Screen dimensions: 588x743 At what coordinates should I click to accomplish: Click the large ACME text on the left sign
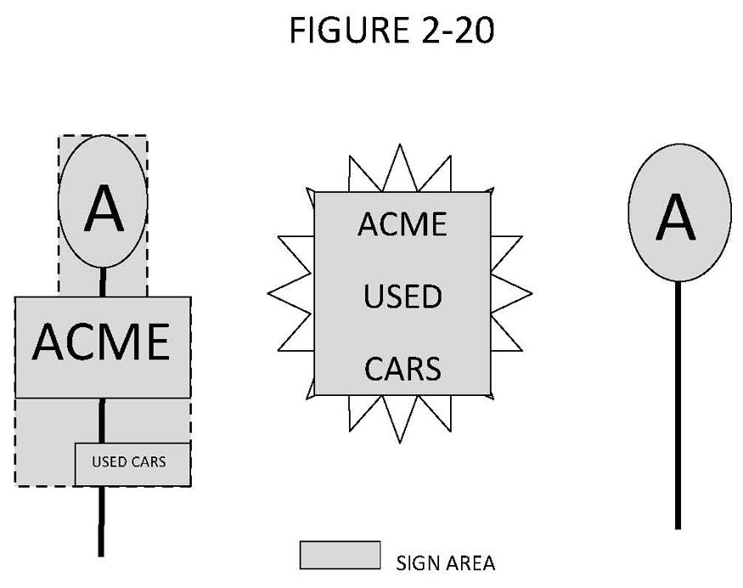(101, 342)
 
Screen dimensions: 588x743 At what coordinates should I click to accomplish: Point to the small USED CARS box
(132, 464)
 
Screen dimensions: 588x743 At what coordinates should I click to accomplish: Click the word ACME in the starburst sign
(402, 224)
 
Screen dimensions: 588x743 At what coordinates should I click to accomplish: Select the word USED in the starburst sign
(402, 297)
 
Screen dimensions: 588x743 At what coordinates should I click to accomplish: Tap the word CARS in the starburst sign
(402, 370)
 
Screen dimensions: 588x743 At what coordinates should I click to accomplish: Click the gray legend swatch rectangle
(340, 555)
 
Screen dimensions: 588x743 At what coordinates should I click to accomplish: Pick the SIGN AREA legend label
(446, 563)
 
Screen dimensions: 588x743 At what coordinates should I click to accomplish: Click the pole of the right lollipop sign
(678, 408)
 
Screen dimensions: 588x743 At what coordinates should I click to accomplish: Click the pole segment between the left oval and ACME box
(103, 282)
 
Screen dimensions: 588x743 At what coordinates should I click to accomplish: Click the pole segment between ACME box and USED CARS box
(102, 421)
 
